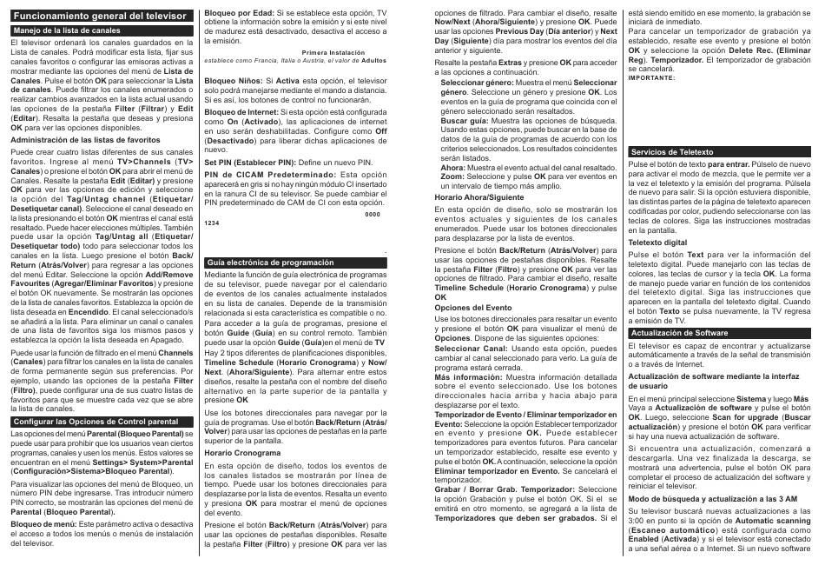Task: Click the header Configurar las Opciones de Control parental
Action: point(96,421)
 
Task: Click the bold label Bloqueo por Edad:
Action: point(233,13)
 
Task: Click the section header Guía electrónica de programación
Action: point(258,262)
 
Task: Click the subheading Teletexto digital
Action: point(658,243)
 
